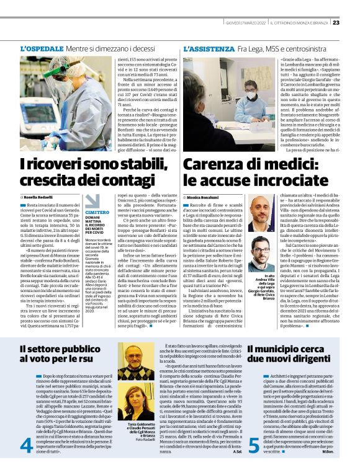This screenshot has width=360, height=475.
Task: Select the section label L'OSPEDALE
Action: pos(42,47)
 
